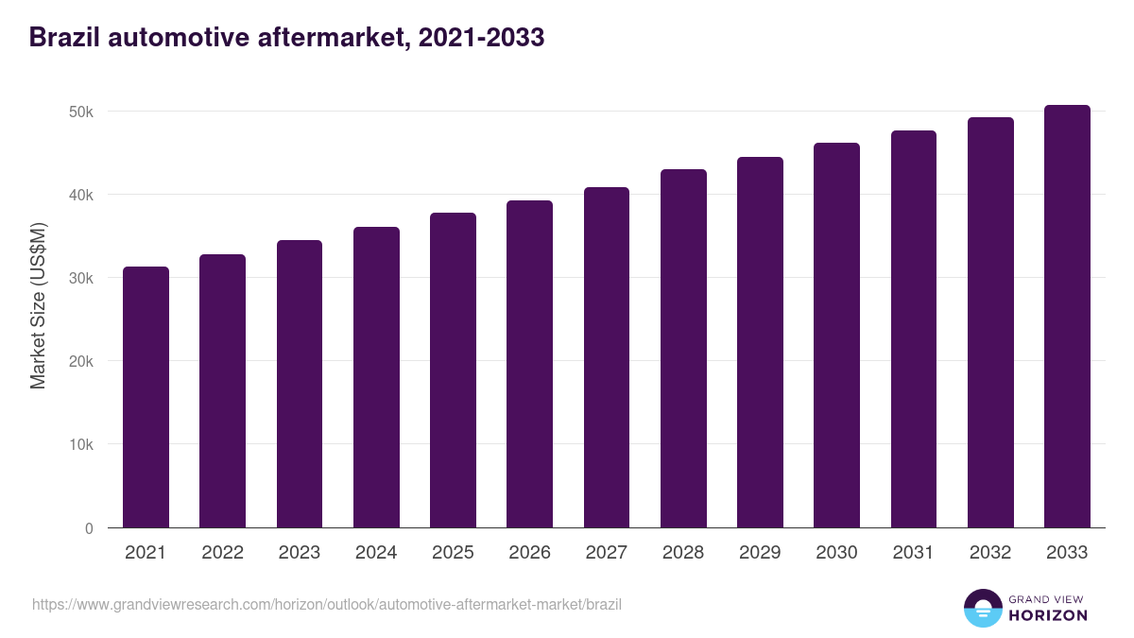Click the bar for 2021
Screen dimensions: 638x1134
click(x=146, y=397)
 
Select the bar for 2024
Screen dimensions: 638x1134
click(x=376, y=377)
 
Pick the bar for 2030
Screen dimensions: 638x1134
click(x=836, y=336)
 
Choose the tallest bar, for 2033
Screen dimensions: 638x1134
click(x=1067, y=317)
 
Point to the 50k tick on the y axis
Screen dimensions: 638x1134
click(x=82, y=112)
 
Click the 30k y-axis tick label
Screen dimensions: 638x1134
click(x=82, y=278)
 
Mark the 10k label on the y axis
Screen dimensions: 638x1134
click(x=82, y=444)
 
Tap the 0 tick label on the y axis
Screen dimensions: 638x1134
click(x=89, y=528)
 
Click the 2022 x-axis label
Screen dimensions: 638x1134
click(x=222, y=553)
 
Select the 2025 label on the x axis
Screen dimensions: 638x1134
click(x=453, y=553)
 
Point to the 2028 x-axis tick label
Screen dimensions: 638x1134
click(x=683, y=553)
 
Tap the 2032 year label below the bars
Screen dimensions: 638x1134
click(x=990, y=553)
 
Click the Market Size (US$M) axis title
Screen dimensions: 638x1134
click(x=38, y=305)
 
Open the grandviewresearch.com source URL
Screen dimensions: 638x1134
click(x=327, y=604)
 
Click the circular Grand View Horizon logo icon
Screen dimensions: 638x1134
click(x=982, y=608)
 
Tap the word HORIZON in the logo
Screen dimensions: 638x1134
click(x=1048, y=615)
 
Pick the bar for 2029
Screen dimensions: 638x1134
click(x=760, y=342)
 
